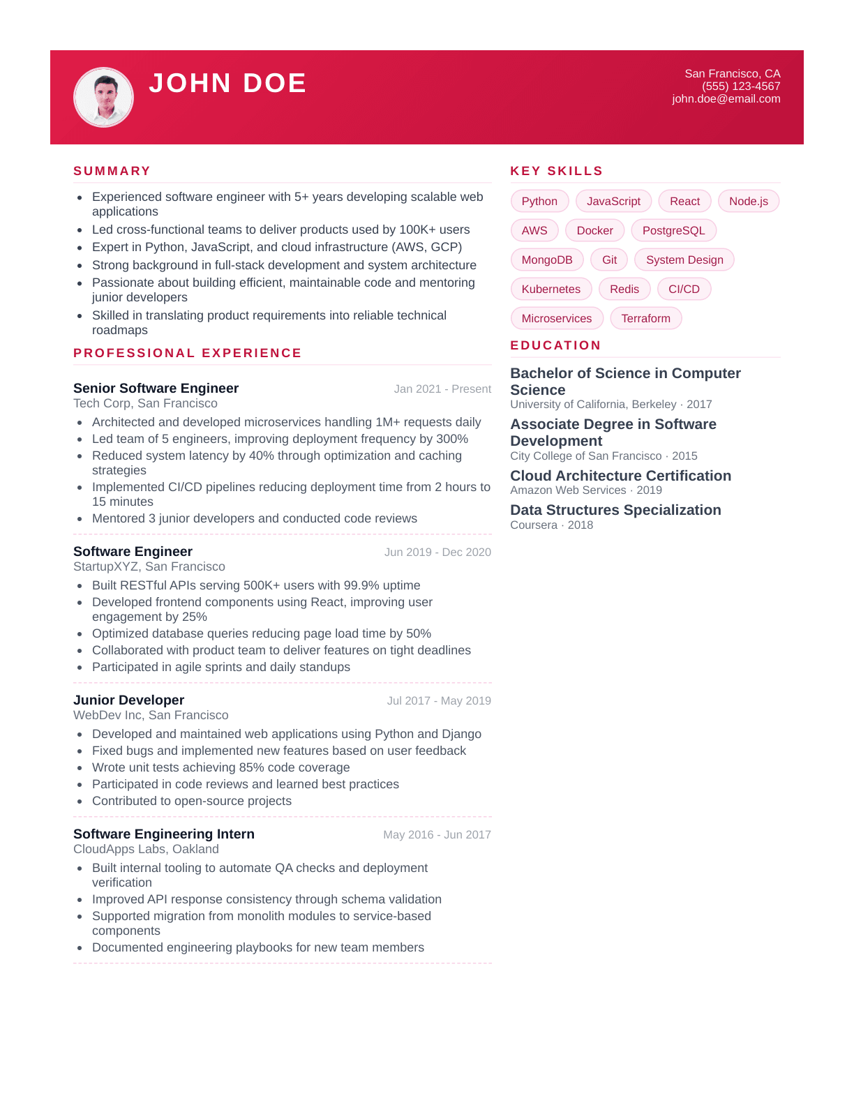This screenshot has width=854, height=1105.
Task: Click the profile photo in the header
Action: click(103, 97)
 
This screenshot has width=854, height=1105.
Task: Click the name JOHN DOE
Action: click(227, 83)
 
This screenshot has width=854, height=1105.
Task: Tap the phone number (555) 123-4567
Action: click(741, 86)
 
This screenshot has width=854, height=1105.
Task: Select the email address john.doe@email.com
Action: click(726, 99)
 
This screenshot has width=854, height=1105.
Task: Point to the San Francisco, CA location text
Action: click(732, 73)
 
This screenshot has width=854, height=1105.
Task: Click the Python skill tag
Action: click(539, 201)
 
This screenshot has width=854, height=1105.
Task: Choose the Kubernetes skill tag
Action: click(550, 289)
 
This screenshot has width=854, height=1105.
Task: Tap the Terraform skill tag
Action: click(645, 318)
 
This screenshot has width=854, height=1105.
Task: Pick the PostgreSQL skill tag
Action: click(673, 230)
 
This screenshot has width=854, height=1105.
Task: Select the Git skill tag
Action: click(609, 260)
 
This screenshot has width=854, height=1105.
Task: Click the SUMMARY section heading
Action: click(112, 171)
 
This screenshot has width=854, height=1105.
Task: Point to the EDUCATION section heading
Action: click(555, 345)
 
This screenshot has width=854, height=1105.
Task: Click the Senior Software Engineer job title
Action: click(156, 388)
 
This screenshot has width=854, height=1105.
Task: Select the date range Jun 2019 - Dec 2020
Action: click(437, 552)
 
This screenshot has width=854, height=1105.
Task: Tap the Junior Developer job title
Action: click(128, 700)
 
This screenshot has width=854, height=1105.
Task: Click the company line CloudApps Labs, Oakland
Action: click(146, 849)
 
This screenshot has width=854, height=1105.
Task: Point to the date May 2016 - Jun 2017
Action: click(437, 834)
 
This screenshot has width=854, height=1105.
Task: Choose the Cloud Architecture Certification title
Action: click(620, 476)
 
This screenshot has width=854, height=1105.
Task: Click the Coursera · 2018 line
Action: click(551, 525)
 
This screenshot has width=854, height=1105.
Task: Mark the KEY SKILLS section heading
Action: click(556, 171)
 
